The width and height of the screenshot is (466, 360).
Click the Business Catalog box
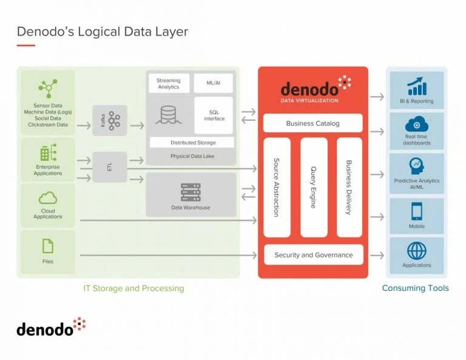(x=313, y=123)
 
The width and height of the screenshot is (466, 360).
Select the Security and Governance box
(x=313, y=255)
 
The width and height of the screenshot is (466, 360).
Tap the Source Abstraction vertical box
(x=277, y=187)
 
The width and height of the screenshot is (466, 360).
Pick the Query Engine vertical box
(x=314, y=187)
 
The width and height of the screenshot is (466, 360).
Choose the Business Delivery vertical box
(x=349, y=187)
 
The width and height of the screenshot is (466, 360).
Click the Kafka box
(x=110, y=120)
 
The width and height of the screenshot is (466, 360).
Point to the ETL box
(x=110, y=167)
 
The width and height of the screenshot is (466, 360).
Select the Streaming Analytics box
(x=168, y=83)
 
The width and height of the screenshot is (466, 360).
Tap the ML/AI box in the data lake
(x=213, y=83)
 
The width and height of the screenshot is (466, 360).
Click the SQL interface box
(x=213, y=115)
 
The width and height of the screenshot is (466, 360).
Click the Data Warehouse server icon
(x=191, y=192)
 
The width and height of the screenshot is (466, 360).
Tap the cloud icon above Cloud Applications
(x=48, y=198)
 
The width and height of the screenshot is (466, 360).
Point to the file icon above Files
(x=48, y=245)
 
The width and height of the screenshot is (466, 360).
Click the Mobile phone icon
(x=417, y=211)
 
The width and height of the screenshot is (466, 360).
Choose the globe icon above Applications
(x=417, y=250)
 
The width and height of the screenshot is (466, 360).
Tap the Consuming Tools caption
(x=416, y=288)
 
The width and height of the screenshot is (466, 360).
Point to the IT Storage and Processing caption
(x=133, y=288)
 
